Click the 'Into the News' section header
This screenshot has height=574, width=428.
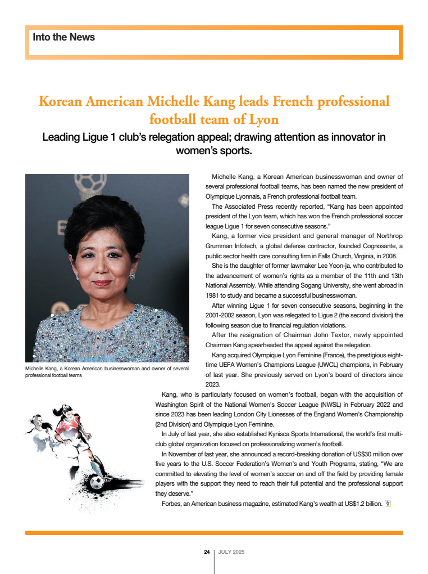(x=64, y=38)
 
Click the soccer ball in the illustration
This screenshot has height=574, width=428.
(x=97, y=482)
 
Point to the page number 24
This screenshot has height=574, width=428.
(x=207, y=552)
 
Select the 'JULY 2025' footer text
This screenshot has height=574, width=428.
(x=231, y=552)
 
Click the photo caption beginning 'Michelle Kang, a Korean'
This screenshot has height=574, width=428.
(x=107, y=371)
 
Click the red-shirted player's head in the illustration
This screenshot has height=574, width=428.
(x=66, y=411)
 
